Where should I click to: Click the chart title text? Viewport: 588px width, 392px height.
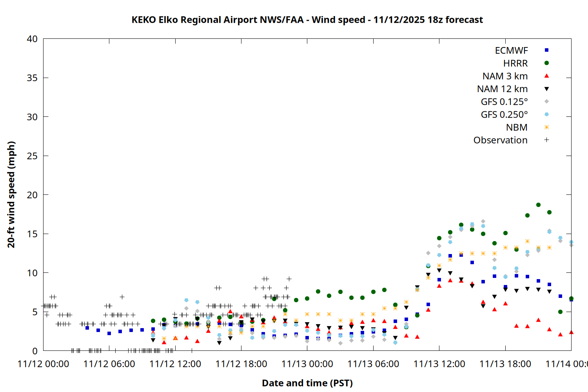pos(307,20)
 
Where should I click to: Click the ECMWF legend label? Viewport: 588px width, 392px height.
pos(511,51)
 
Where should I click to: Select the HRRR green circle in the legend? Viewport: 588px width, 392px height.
pos(546,63)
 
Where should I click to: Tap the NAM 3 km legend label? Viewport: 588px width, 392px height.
pos(505,76)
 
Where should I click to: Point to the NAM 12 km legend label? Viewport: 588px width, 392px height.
pos(502,89)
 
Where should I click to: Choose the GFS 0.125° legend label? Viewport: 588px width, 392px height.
pos(504,102)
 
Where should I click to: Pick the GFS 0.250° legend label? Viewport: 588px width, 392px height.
pos(504,115)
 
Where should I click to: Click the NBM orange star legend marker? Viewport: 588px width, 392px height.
pos(546,127)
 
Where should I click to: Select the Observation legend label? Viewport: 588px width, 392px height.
pos(500,140)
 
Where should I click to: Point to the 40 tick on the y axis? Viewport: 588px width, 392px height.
pos(32,39)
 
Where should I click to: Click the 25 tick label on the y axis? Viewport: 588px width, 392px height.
pos(32,156)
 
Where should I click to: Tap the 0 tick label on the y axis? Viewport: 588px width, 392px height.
pos(35,351)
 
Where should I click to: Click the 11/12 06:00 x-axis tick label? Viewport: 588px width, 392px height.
pos(109,364)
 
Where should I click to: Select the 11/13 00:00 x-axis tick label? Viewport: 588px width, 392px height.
pos(307,364)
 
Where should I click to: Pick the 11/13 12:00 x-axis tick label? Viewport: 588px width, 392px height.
pos(439,364)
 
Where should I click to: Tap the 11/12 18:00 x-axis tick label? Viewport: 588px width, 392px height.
pos(241,364)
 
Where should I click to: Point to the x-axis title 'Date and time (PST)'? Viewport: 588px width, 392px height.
pos(307,383)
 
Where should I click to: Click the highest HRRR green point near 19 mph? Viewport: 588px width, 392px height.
pos(538,205)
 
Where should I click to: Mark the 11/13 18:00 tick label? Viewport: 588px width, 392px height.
pos(505,364)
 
